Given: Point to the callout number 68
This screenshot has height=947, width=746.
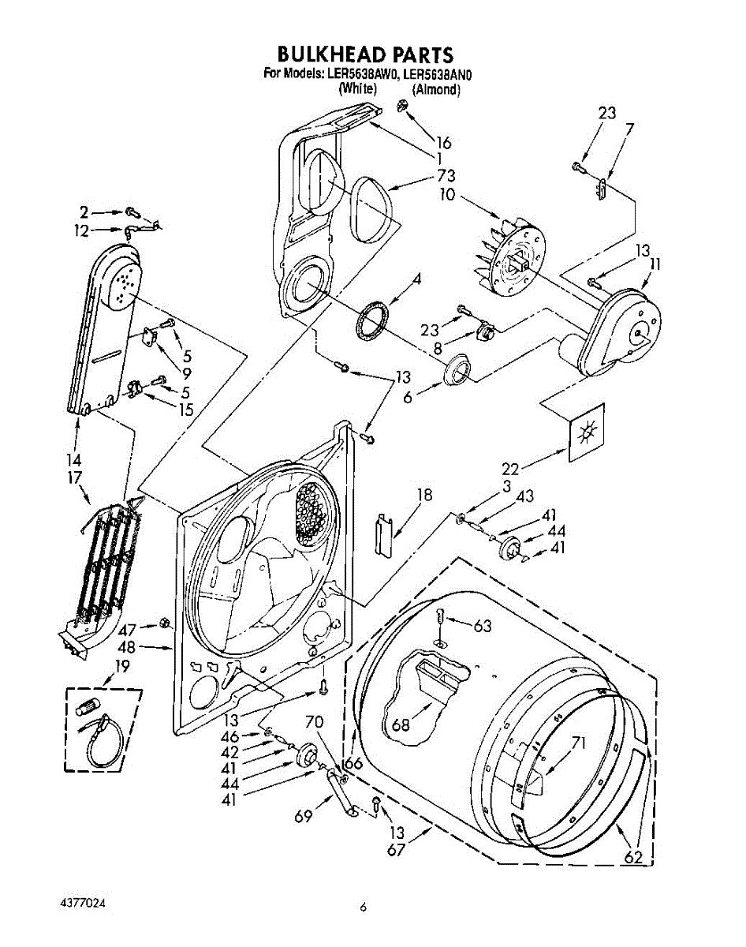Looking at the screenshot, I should [401, 723].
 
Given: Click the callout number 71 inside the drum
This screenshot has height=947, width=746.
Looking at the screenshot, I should [580, 743].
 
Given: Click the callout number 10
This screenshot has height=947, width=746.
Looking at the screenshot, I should [447, 194].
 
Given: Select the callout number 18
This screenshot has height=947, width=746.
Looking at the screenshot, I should [424, 495].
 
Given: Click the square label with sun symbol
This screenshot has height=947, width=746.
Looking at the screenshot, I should [585, 433].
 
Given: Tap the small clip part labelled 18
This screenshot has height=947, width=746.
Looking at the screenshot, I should [384, 533].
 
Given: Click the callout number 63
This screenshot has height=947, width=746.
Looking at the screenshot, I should [483, 627].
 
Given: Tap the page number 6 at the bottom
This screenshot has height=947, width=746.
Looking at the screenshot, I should [363, 908].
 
